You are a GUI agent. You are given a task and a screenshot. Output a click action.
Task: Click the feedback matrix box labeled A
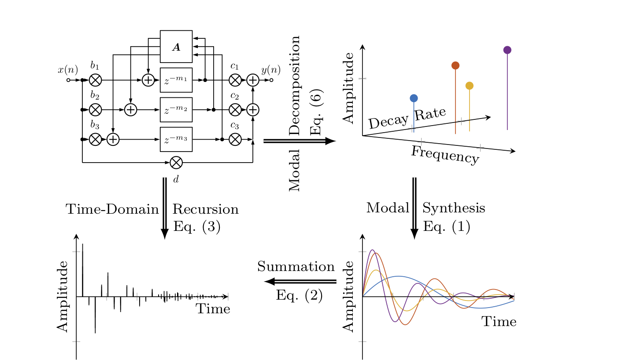point(176,47)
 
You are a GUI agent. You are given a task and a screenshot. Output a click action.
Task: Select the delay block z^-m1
point(176,80)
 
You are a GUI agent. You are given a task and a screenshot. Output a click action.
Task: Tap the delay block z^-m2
point(176,110)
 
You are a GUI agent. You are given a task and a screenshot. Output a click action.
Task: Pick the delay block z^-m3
point(176,139)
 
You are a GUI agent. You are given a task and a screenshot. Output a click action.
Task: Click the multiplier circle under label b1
point(96,80)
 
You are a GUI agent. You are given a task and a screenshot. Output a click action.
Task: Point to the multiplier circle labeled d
point(176,163)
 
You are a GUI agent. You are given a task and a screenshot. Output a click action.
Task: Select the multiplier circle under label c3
point(235,139)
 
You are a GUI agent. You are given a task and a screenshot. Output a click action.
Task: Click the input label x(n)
point(68,70)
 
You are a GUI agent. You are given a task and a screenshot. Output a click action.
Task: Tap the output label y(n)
point(270,70)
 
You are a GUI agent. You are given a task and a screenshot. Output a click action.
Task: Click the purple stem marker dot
point(507,50)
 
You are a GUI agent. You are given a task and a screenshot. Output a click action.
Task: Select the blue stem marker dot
point(414,98)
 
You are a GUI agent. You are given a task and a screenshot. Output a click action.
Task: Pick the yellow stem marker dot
point(470,85)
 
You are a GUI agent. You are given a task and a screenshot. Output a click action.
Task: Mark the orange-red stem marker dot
point(455,65)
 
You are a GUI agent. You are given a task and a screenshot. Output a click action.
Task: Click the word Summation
point(296,267)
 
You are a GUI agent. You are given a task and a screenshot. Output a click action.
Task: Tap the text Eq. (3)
point(197,226)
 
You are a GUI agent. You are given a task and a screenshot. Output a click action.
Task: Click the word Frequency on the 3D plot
point(445,155)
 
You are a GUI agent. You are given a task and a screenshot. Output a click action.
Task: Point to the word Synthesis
point(454,208)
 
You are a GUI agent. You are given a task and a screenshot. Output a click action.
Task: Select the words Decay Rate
point(407,118)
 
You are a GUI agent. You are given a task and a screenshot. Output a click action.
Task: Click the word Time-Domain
point(112,209)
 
